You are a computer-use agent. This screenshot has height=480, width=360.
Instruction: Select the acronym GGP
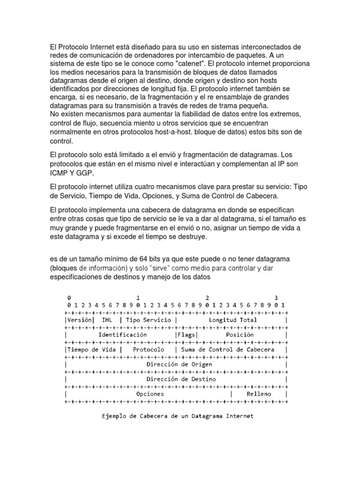[x=86, y=173]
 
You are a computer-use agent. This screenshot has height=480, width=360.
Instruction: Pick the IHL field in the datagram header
[x=108, y=320]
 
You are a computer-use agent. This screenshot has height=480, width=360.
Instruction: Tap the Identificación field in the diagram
[x=122, y=335]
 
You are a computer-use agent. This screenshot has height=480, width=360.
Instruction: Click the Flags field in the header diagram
[x=187, y=335]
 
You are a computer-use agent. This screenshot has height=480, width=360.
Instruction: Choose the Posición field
[x=240, y=335]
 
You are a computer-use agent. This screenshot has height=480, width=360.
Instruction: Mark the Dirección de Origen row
[x=179, y=364]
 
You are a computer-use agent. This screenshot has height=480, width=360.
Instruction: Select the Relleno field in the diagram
[x=259, y=394]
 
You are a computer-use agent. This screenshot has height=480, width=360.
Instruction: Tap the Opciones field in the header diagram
[x=150, y=394]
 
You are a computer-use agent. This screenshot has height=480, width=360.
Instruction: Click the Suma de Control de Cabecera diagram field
[x=231, y=350]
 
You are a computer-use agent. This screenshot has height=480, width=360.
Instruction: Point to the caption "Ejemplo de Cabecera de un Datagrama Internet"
[x=178, y=416]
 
